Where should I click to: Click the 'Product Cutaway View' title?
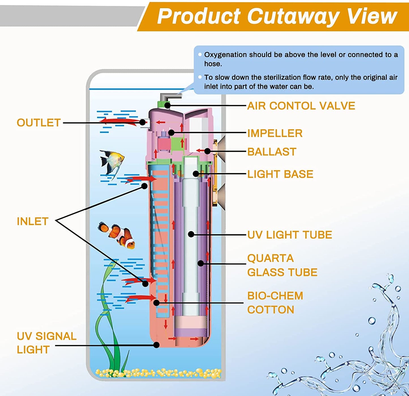click(277, 16)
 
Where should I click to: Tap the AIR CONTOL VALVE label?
click(301, 106)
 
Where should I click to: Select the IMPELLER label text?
click(275, 133)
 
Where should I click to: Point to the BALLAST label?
click(272, 152)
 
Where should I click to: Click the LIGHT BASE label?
click(280, 174)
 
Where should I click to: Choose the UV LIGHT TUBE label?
click(290, 235)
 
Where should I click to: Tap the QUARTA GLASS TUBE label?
click(282, 265)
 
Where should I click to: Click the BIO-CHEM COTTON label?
click(275, 303)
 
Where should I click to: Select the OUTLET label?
click(39, 123)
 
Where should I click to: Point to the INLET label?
click(33, 222)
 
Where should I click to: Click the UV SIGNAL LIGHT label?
click(46, 343)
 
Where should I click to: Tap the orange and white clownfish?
click(117, 234)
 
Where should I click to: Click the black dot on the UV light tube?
click(191, 234)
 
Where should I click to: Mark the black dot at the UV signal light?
click(156, 345)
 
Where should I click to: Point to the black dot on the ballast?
click(207, 151)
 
